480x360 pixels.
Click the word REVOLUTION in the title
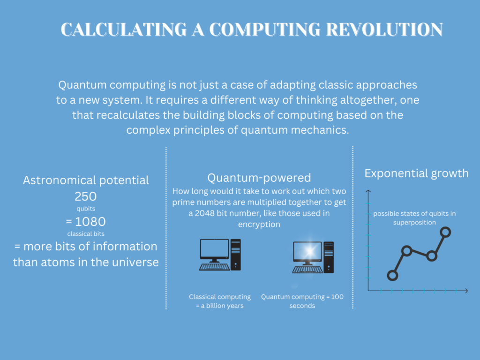[x=384, y=30]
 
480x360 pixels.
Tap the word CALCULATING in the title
[x=124, y=30]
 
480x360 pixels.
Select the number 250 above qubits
[x=86, y=196]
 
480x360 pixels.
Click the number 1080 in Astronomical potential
[x=90, y=221]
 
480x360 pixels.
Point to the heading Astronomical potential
[x=86, y=180]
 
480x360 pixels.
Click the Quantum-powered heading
[x=259, y=178]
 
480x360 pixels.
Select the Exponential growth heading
[x=416, y=173]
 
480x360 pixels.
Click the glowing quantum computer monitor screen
[x=307, y=251]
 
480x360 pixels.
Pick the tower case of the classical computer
[x=236, y=255]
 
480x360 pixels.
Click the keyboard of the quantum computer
[x=307, y=270]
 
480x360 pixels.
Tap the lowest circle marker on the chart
[x=392, y=275]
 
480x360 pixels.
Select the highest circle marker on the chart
[x=445, y=232]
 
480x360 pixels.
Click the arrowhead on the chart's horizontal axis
[x=466, y=291]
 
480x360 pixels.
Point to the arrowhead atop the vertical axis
[x=368, y=191]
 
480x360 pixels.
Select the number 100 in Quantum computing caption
[x=337, y=297]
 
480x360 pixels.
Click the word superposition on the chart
[x=414, y=223]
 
